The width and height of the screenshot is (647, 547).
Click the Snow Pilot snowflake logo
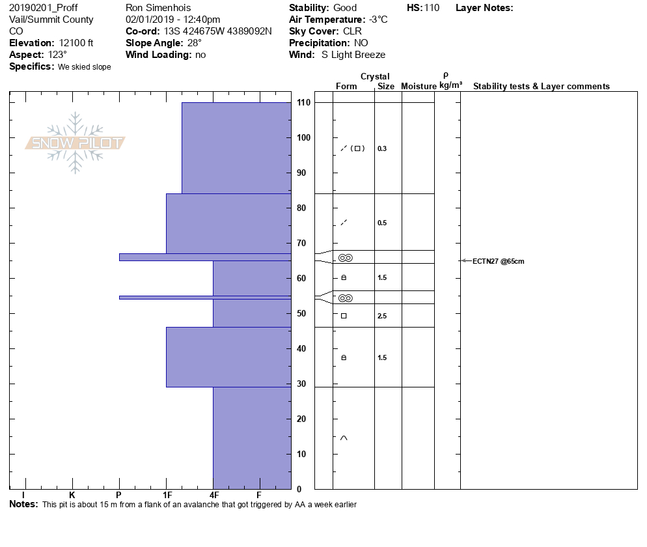tap(76, 143)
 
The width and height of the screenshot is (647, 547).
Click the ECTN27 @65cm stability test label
tap(498, 261)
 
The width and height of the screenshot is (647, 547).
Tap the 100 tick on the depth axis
tap(303, 137)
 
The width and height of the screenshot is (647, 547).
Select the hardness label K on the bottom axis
tap(72, 495)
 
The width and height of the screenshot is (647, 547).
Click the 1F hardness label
tap(167, 495)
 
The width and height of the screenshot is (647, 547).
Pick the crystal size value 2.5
tap(382, 316)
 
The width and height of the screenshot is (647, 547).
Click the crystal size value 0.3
tap(382, 148)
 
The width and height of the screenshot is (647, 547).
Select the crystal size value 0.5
tap(382, 223)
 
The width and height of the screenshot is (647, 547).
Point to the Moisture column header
tap(419, 87)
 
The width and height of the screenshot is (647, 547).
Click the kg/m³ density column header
tap(450, 86)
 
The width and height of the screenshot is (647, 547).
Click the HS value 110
tap(432, 8)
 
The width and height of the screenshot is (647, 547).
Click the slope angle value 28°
tap(195, 43)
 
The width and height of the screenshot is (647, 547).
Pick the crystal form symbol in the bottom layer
tap(344, 438)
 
